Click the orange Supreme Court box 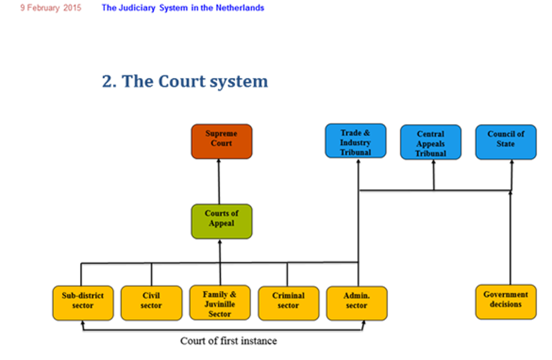(x=221, y=141)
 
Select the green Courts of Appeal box (x=221, y=221)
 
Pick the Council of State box (x=506, y=141)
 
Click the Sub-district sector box (x=83, y=303)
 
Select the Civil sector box (x=151, y=303)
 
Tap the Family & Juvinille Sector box (x=220, y=303)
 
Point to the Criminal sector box (x=288, y=303)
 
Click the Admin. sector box (x=357, y=303)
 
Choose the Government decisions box (x=506, y=301)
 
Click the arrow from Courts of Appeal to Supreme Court (x=219, y=181)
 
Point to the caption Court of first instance (x=228, y=341)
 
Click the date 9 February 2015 (x=51, y=8)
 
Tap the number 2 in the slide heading (x=108, y=81)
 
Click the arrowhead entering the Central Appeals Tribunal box (x=433, y=163)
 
